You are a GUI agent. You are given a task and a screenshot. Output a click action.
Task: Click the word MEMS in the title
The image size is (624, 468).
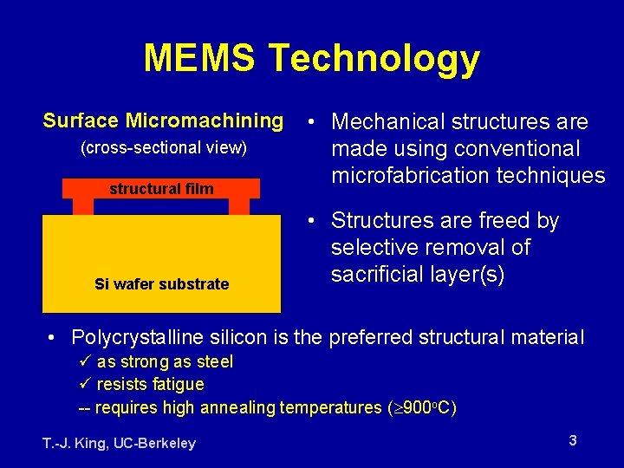click(199, 58)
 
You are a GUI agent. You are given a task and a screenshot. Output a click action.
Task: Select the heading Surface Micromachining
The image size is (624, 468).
click(163, 120)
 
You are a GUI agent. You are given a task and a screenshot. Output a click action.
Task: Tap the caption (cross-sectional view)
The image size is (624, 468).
click(163, 148)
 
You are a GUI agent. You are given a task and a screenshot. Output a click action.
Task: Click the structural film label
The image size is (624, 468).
click(161, 189)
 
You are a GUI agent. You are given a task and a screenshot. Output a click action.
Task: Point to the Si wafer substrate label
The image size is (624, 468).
click(162, 283)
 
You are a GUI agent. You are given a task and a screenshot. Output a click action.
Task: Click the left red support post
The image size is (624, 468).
click(83, 206)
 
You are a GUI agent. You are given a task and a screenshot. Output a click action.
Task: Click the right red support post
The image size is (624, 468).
click(238, 206)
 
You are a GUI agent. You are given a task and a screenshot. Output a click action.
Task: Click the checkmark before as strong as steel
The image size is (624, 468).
click(85, 361)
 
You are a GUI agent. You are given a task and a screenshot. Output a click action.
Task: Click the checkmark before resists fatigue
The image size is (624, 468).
click(85, 384)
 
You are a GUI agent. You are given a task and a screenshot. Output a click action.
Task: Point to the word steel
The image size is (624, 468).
click(214, 361)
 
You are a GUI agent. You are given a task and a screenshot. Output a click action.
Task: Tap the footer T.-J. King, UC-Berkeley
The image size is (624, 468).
click(119, 443)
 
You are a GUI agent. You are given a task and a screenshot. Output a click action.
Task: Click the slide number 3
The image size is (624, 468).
click(573, 440)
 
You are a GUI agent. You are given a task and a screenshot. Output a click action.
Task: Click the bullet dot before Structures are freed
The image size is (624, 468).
click(310, 222)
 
